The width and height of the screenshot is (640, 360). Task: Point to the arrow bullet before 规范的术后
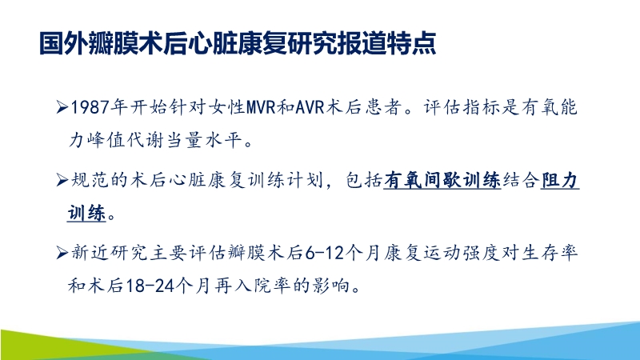click(64, 182)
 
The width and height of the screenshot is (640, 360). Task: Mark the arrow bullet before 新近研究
click(64, 254)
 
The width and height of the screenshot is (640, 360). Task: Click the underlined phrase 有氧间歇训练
click(442, 182)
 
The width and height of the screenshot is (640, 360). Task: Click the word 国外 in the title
click(58, 43)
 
